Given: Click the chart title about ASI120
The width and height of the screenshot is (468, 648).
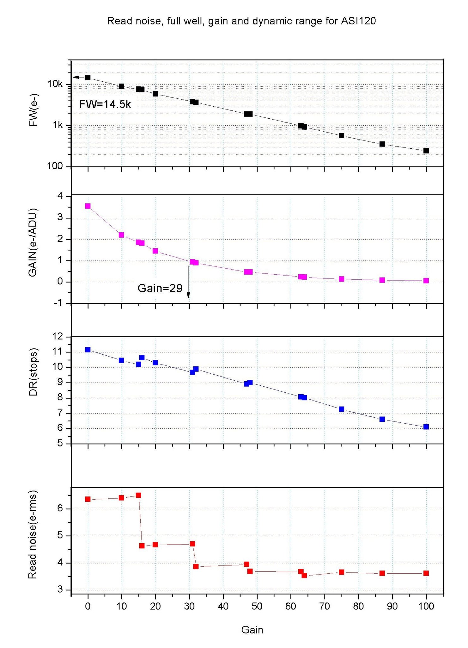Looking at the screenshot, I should click(x=241, y=21).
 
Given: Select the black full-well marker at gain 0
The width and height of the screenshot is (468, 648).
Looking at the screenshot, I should click(x=88, y=78).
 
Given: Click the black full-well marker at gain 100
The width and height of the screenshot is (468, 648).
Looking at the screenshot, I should click(x=426, y=151).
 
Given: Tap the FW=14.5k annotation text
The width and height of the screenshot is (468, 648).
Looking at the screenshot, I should click(x=105, y=104).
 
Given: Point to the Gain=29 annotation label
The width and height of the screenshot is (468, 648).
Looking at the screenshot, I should click(x=160, y=288).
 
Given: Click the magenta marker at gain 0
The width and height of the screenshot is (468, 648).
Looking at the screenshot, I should click(x=88, y=206).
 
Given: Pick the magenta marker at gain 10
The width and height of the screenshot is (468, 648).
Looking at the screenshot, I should click(x=121, y=235).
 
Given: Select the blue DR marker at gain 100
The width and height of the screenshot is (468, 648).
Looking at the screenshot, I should click(x=426, y=427).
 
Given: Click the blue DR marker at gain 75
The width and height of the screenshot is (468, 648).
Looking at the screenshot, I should click(x=341, y=409).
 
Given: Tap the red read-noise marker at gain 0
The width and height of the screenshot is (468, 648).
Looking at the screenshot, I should click(x=88, y=499).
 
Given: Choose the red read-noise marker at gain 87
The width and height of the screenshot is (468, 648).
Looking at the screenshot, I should click(x=382, y=573).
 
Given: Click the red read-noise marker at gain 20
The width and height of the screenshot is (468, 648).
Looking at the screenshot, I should click(x=155, y=545).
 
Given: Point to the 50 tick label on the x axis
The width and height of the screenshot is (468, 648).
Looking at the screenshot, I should click(x=257, y=607).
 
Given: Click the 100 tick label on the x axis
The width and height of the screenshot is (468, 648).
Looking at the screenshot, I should click(x=426, y=607).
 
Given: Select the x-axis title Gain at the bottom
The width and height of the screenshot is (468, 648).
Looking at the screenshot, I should click(x=252, y=630).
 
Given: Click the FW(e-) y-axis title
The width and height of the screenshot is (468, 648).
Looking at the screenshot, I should click(x=33, y=110).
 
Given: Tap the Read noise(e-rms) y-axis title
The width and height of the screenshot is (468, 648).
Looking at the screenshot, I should click(x=33, y=535).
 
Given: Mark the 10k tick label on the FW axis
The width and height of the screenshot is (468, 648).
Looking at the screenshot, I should click(x=55, y=84).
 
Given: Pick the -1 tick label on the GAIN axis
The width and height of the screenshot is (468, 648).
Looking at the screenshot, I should click(x=58, y=303).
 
